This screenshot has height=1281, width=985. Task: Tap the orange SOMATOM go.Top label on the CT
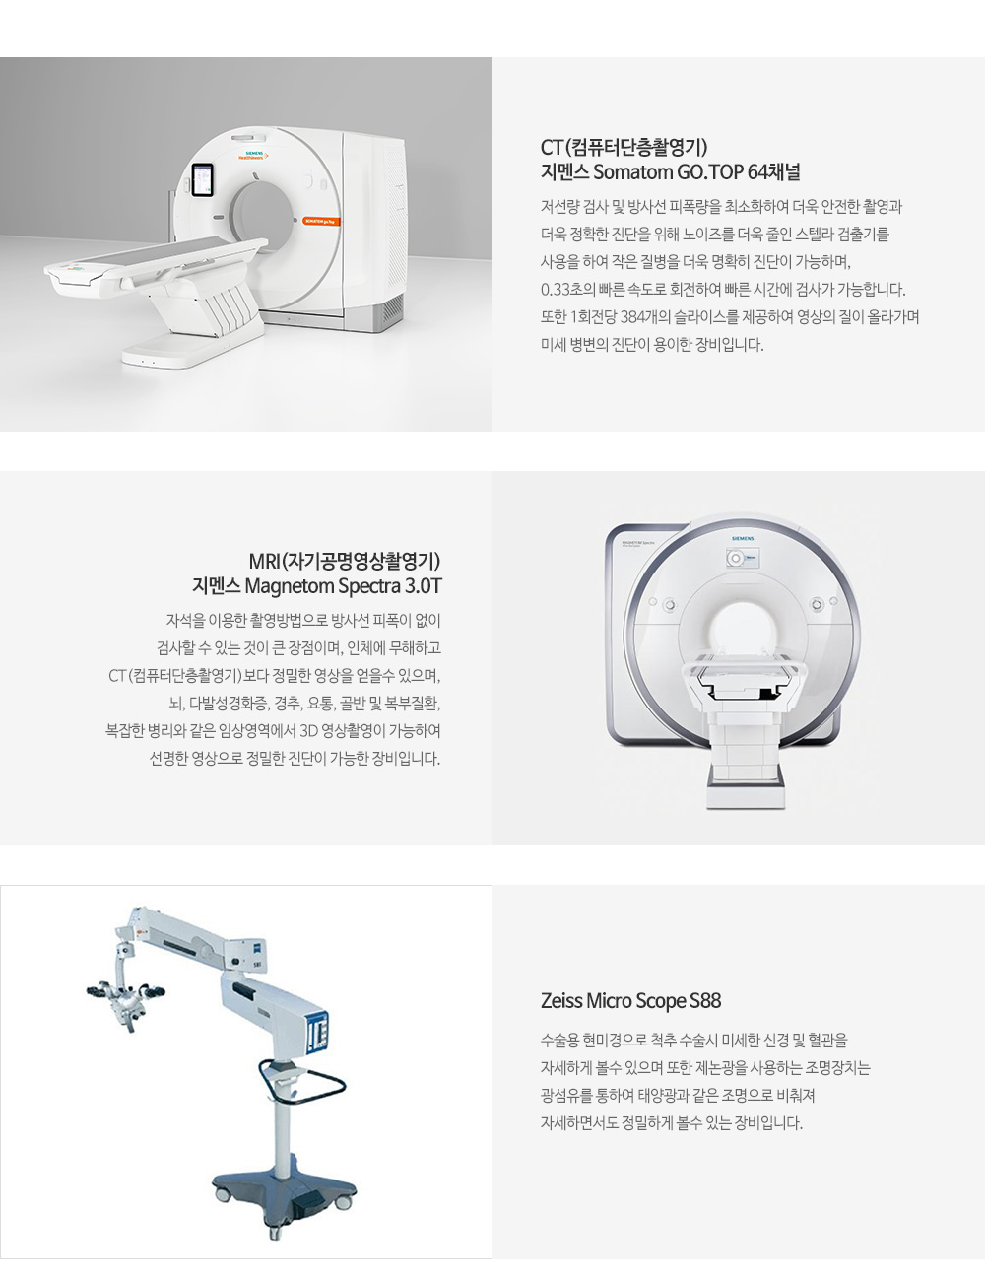[322, 221]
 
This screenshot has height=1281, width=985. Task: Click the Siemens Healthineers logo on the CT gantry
[253, 155]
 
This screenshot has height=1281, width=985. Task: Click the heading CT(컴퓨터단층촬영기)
[624, 147]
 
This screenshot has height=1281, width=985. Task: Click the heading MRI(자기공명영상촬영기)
[345, 561]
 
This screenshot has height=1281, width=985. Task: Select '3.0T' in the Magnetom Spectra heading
[423, 586]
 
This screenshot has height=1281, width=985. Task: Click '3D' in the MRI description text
[308, 731]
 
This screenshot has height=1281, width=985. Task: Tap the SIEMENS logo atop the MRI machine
[743, 538]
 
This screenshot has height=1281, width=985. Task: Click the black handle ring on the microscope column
[301, 1081]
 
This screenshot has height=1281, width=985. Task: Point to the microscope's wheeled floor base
[285, 1189]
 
